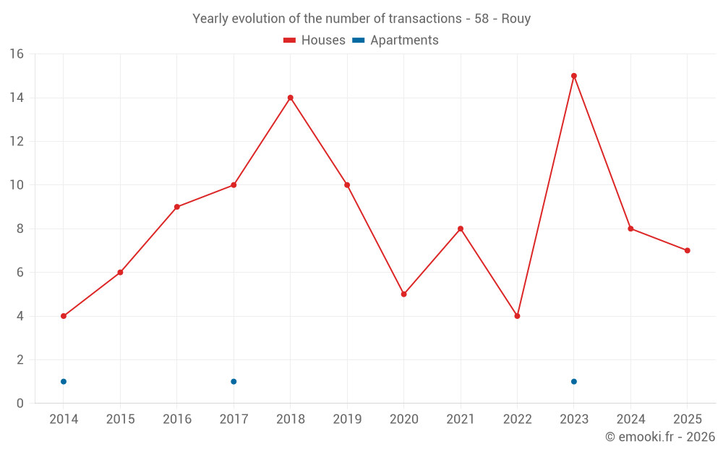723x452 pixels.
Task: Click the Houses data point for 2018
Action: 290,98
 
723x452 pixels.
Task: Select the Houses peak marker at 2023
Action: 574,76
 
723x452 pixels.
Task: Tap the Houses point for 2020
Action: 403,294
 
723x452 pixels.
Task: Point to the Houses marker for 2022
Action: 517,316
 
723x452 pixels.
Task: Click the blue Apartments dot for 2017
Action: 234,381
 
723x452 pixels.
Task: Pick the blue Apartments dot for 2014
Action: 64,381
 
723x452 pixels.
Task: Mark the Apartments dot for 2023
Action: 574,381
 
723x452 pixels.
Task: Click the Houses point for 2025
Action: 688,250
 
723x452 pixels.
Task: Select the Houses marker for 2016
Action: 177,207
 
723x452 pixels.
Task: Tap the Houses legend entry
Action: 315,40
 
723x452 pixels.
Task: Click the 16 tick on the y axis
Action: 17,54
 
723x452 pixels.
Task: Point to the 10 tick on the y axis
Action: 17,185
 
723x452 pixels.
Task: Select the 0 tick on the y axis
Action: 20,404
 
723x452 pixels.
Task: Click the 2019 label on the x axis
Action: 347,419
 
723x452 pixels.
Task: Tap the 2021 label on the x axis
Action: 461,419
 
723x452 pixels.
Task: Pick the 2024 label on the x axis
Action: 630,419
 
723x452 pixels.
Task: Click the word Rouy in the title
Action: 516,19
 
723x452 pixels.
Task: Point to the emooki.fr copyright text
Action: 660,437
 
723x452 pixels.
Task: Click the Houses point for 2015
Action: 120,273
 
